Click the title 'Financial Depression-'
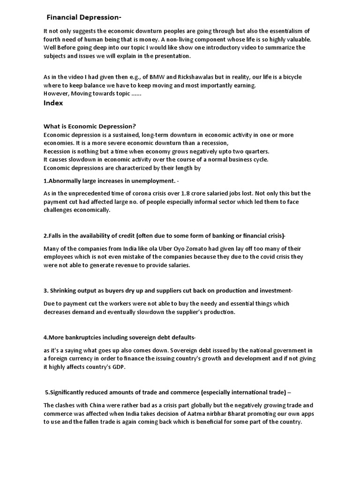84,17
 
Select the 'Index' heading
53,104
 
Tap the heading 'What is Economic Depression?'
90,127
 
